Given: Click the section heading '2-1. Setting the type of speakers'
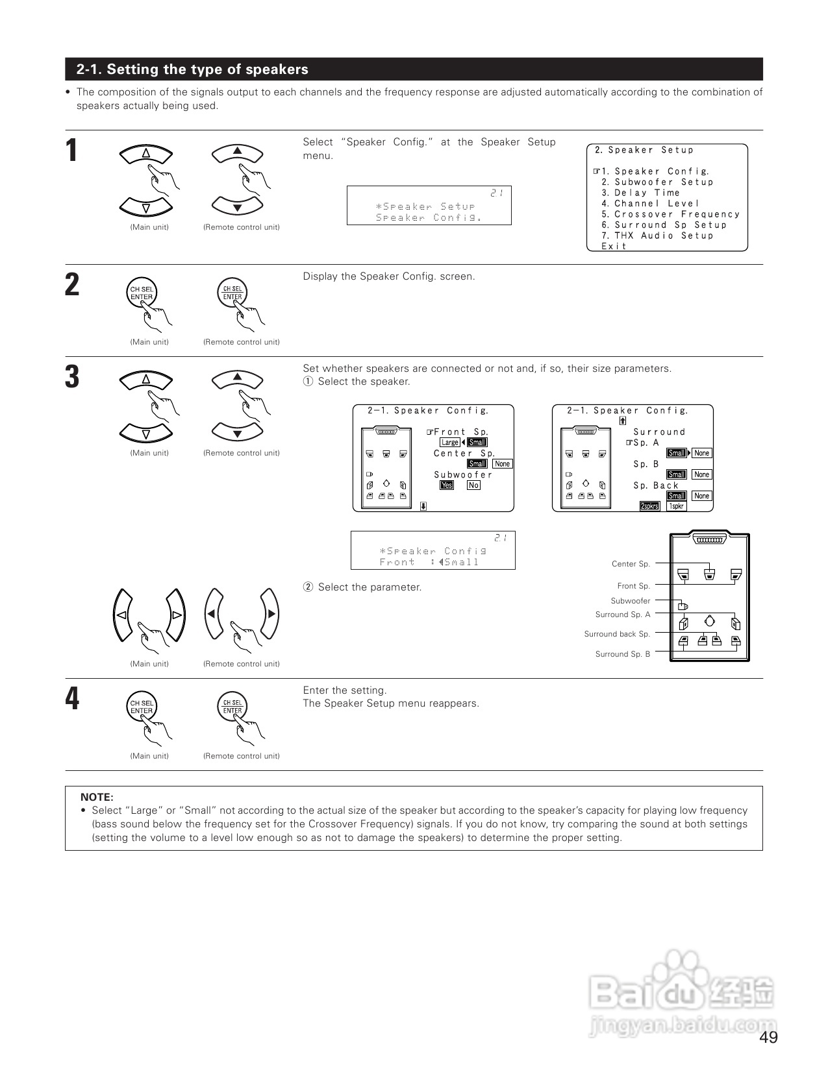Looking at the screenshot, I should pos(192,69).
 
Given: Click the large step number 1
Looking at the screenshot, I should pos(73,151).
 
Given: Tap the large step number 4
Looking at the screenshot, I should pos(73,699).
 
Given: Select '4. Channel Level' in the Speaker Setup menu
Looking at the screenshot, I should pos(650,204).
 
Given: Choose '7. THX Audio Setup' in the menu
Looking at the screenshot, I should pos(657,236).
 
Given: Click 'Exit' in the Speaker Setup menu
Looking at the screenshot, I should pos(614,247).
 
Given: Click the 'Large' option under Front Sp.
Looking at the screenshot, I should pos(449,443).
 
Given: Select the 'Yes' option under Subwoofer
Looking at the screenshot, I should pos(447,485).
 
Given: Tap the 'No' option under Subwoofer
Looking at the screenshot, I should pos(473,485).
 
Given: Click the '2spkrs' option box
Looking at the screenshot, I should pos(649,506).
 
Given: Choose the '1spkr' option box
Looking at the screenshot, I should pos(677,506).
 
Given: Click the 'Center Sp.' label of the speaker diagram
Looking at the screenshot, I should pos(631,564).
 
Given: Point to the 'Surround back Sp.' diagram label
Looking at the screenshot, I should pos(617,634).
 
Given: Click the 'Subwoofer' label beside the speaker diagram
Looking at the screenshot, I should pos(630,601).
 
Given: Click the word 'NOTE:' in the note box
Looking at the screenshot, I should pos(97,797).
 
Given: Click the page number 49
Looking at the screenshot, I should pos(768,1038).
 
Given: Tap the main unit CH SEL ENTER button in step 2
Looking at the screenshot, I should pos(141,293).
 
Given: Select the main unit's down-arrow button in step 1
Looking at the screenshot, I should pos(146,208).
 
